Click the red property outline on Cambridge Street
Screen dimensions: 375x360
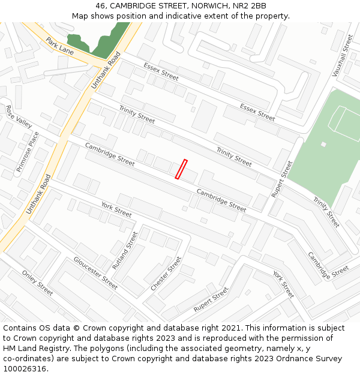pos(181,169)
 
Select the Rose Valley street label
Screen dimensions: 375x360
pos(19,116)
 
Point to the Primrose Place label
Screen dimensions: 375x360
pos(28,152)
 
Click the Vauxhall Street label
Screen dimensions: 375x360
pos(343,56)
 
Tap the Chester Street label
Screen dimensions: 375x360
pos(166,274)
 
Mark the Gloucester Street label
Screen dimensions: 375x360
pos(95,273)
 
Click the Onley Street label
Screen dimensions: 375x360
pos(37,282)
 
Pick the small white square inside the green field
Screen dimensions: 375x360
pos(323,144)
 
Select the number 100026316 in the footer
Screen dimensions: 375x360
pos(24,369)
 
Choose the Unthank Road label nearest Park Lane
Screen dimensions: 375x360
pos(106,71)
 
